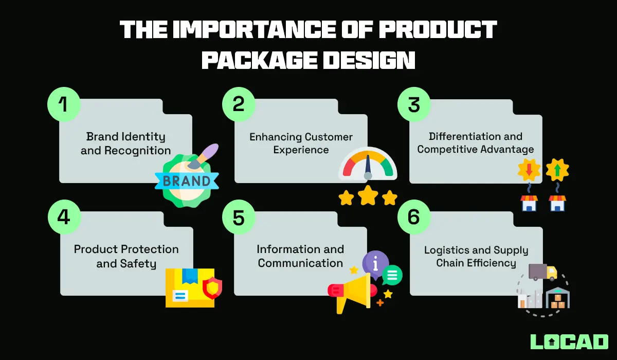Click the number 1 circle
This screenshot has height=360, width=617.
64,105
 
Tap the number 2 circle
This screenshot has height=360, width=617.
239,105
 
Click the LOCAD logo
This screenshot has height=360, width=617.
569,341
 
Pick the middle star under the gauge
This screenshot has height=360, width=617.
368,196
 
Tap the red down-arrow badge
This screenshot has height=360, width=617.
529,170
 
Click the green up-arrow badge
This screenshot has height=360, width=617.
557,170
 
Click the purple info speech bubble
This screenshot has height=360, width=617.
375,263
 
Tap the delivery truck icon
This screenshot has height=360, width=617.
542,272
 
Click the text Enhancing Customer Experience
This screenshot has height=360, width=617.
301,143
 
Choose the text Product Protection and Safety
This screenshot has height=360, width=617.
126,256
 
